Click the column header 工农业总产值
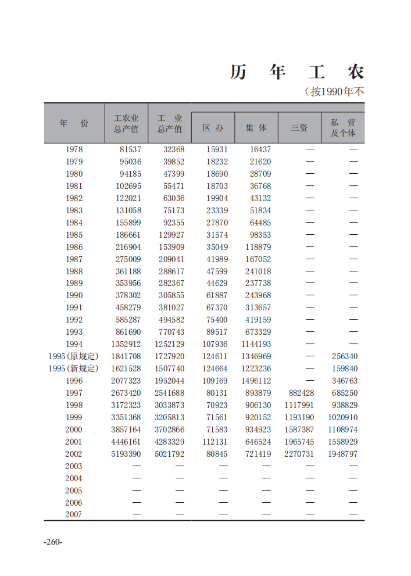[126, 123]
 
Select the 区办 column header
[213, 128]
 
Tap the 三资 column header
[299, 128]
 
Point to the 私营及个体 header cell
[343, 128]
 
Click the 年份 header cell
[74, 123]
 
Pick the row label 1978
[74, 149]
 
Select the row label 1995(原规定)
[73, 356]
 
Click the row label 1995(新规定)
[73, 369]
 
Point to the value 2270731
[299, 454]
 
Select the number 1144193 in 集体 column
[256, 344]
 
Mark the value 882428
[301, 393]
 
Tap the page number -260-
[53, 542]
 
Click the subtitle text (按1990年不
[334, 92]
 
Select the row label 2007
[74, 514]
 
